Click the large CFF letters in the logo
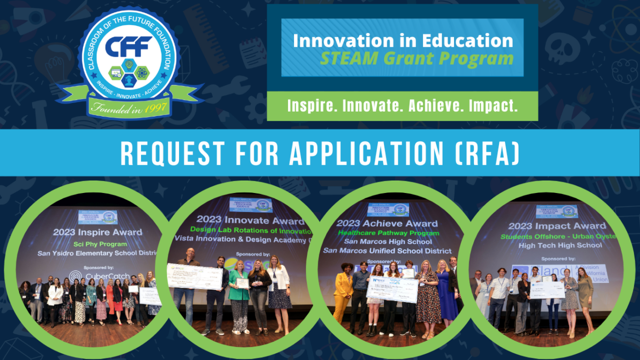129,48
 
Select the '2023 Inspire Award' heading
98,232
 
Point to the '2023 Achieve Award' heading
387,223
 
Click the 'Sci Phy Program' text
98,243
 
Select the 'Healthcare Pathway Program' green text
387,233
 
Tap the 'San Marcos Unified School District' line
387,250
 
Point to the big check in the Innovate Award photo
194,276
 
